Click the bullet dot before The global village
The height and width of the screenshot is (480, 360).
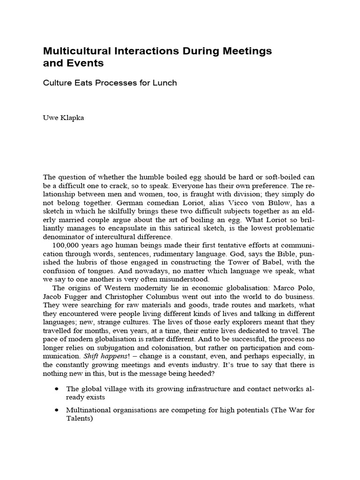click(x=57, y=389)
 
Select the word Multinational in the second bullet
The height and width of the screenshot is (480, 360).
click(x=89, y=411)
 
